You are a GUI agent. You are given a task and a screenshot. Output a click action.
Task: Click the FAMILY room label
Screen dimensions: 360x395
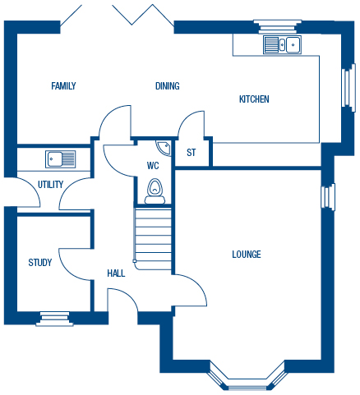(63, 86)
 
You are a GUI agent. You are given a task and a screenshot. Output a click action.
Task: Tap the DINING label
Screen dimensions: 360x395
(168, 86)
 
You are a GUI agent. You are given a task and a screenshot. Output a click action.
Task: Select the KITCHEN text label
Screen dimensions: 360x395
(254, 99)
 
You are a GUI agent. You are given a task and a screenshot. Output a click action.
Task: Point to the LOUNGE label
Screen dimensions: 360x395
(247, 255)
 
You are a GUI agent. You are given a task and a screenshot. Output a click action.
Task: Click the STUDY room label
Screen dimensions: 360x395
(40, 263)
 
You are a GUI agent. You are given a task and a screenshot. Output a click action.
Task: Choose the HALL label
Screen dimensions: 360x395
(116, 273)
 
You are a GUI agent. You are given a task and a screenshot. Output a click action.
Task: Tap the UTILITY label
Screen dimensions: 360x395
(50, 185)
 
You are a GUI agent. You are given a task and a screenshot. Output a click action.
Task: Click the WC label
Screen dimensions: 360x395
(153, 166)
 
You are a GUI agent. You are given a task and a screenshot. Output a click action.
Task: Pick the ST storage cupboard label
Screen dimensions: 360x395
(192, 153)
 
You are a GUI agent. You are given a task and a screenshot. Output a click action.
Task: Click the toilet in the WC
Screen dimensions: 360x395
(155, 191)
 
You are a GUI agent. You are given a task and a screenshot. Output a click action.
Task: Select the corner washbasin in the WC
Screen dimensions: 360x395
(164, 148)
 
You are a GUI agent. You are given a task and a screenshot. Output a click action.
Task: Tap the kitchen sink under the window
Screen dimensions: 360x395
(282, 44)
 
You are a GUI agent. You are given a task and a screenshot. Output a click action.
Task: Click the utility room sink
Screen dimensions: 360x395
(60, 159)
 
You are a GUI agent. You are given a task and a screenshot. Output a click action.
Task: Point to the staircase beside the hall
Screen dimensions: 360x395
(153, 239)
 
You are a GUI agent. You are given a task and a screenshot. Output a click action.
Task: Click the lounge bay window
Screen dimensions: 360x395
(247, 379)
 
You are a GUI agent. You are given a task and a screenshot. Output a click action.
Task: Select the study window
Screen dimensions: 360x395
(55, 319)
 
